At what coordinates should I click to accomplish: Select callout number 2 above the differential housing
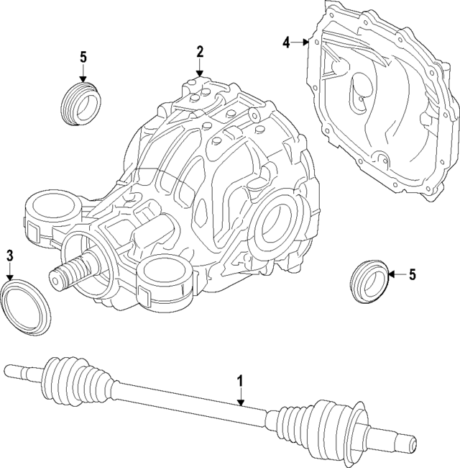(200, 51)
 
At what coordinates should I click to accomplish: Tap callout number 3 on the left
(9, 255)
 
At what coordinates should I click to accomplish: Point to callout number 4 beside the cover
(286, 42)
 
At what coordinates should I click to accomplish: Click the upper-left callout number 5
(83, 56)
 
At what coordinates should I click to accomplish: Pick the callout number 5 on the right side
(412, 274)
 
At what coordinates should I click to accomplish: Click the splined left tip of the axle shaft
(16, 372)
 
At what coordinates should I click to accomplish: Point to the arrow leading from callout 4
(302, 43)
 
